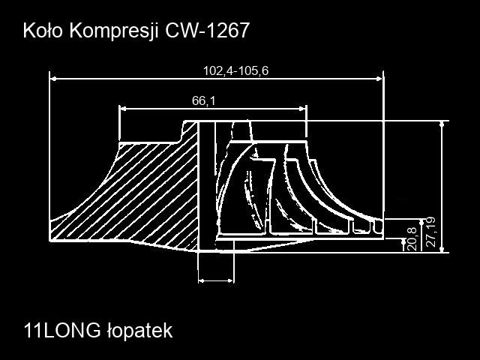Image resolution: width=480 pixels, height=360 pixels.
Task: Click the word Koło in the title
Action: [43, 31]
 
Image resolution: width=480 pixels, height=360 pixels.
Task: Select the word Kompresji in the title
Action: [114, 31]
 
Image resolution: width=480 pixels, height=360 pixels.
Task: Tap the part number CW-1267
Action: [207, 31]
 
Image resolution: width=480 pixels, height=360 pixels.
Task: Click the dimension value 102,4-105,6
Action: [235, 70]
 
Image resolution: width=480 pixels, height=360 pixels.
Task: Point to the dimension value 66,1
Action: [203, 100]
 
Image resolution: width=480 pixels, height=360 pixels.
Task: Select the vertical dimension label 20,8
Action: [412, 239]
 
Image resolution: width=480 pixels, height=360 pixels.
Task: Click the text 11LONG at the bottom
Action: [62, 331]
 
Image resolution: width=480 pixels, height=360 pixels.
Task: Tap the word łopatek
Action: [140, 331]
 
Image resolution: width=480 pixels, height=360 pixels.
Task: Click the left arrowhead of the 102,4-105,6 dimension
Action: [53, 79]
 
